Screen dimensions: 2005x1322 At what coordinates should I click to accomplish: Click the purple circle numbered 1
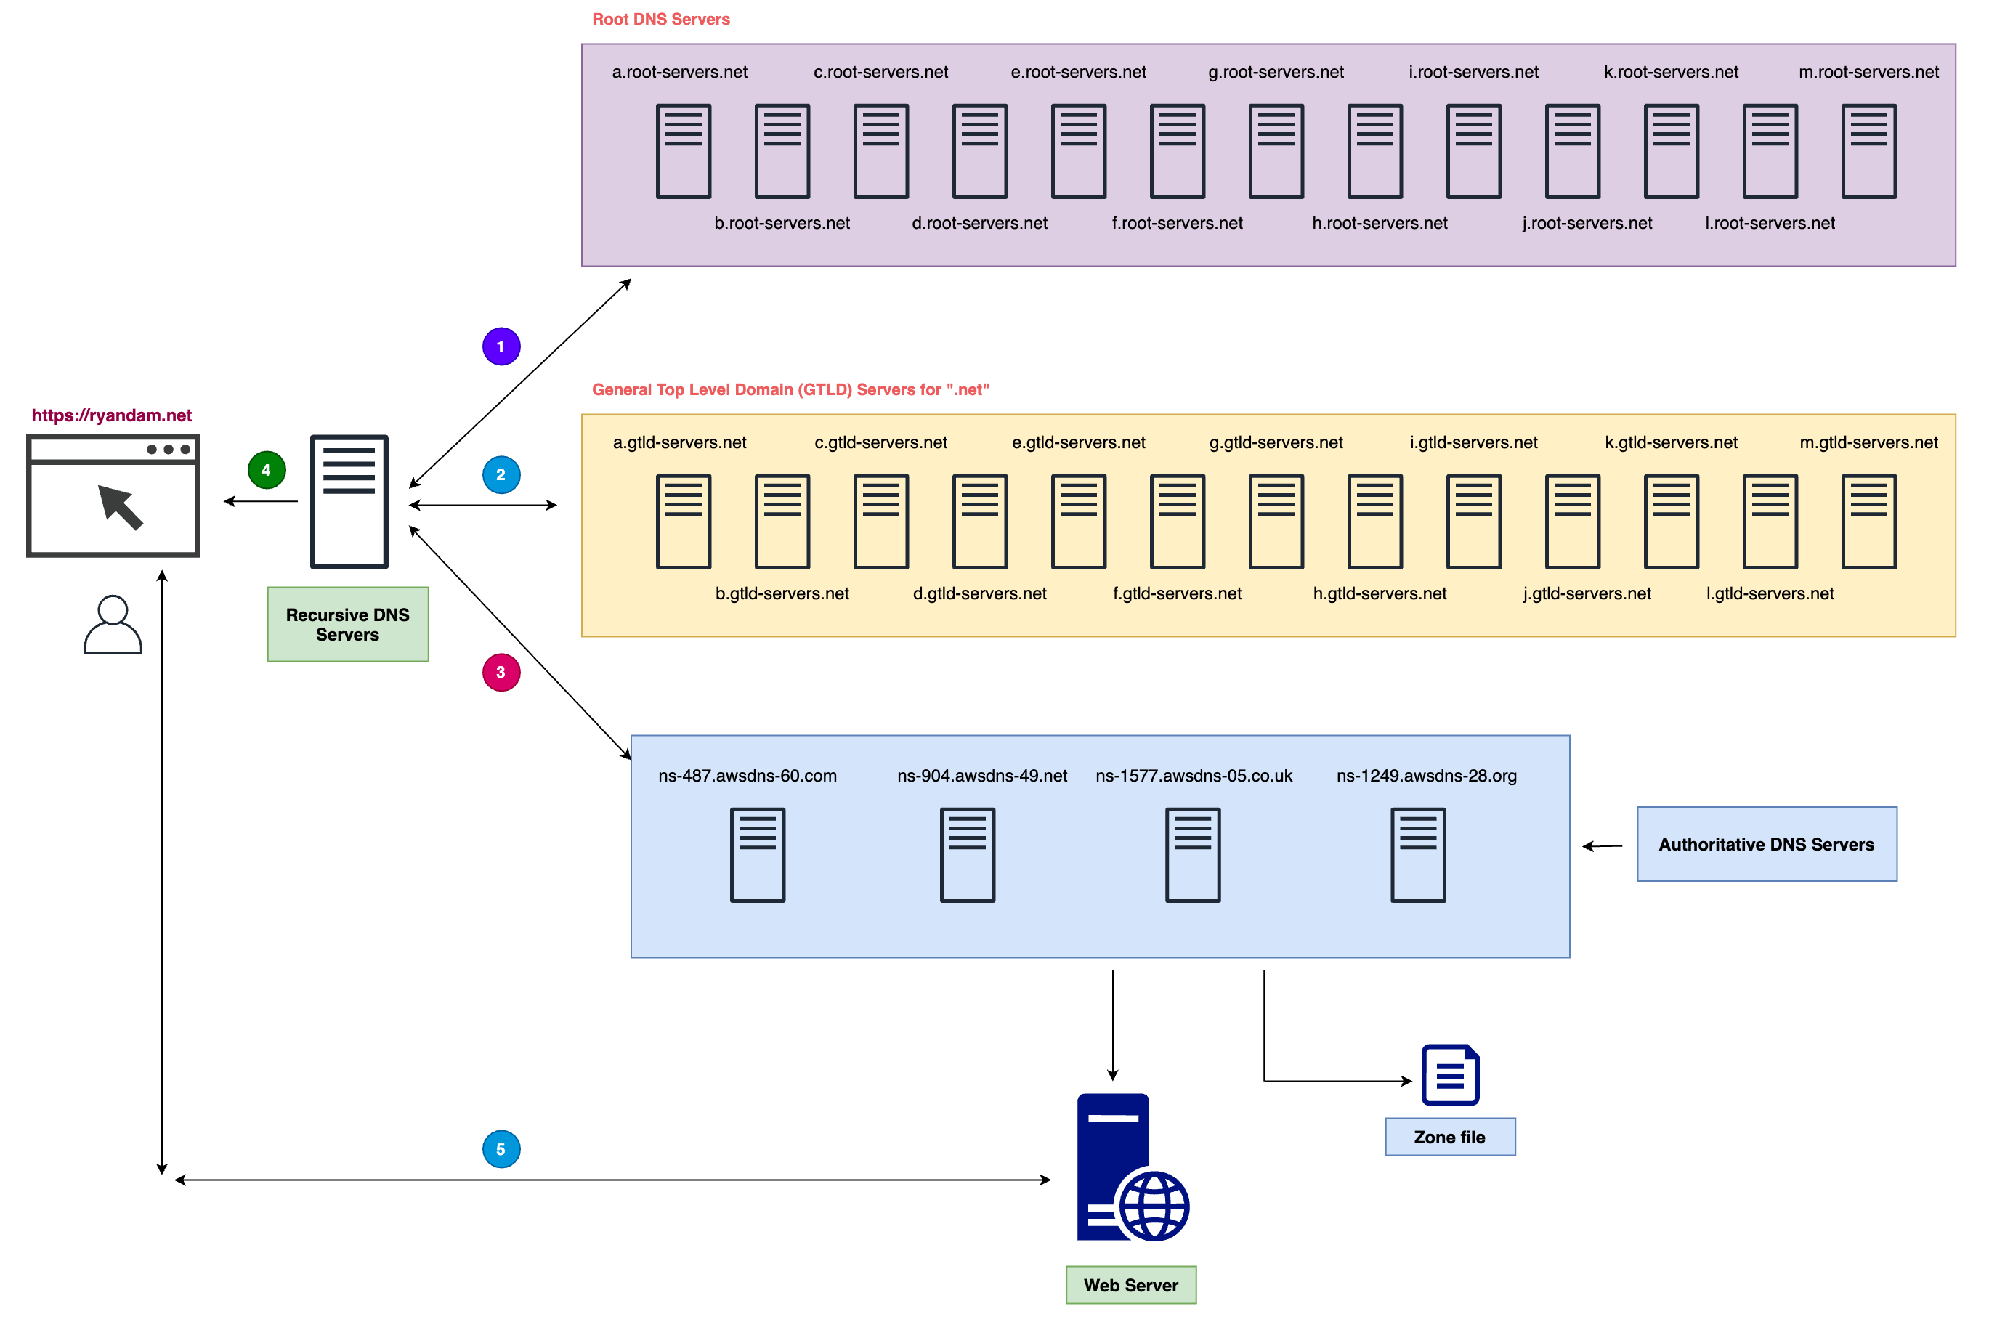[501, 346]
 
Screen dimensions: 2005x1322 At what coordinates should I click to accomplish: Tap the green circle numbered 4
[267, 471]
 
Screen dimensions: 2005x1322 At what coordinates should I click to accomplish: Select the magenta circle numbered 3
[501, 673]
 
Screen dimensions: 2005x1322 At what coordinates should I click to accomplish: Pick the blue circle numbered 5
[501, 1149]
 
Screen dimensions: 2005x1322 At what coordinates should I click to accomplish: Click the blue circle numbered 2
[501, 474]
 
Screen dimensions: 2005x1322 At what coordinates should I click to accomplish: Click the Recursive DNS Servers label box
[347, 625]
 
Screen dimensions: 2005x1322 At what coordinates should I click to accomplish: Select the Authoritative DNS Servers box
[1767, 844]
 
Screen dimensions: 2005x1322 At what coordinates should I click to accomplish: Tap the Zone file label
[1450, 1138]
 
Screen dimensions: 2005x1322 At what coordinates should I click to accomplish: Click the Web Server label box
[1130, 1285]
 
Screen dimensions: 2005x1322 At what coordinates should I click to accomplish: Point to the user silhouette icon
[113, 625]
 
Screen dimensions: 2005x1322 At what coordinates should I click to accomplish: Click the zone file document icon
[1450, 1075]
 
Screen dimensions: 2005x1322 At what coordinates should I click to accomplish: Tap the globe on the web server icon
[1154, 1206]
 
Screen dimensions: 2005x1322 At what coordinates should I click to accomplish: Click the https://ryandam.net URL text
[111, 415]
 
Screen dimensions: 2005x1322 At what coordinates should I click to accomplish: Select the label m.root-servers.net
[1868, 73]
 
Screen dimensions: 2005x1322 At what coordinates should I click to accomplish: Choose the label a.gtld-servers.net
[679, 442]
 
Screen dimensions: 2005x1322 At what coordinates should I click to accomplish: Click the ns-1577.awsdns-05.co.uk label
[1193, 776]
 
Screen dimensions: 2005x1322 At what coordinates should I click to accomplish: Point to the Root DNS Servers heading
[661, 20]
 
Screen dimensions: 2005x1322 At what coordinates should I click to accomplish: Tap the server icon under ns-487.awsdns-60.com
[757, 855]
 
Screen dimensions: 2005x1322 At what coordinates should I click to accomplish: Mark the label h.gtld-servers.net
[1380, 593]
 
